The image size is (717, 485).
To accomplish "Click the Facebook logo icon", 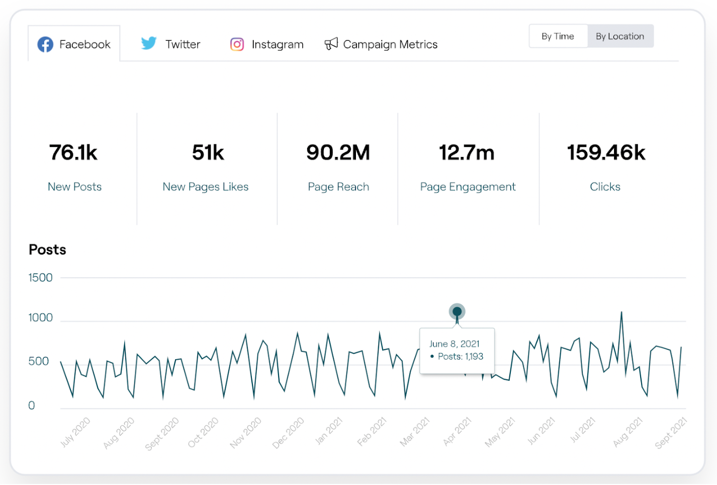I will (45, 44).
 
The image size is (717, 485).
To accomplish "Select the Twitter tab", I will (171, 44).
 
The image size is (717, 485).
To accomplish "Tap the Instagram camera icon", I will (237, 44).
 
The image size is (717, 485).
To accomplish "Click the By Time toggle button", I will (558, 36).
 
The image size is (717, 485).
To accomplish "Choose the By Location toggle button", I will (620, 36).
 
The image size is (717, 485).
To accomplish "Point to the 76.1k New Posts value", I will (73, 152).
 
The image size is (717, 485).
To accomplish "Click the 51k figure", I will (208, 152).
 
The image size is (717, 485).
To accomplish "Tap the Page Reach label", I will (338, 187).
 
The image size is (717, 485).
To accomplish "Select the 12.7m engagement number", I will (467, 152).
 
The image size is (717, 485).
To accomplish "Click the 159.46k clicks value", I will (606, 152).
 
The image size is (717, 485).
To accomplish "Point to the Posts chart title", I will (47, 250).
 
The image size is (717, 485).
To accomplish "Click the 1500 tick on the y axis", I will (40, 278).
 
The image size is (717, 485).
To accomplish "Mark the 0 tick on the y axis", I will (32, 406).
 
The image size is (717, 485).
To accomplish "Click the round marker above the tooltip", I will (457, 311).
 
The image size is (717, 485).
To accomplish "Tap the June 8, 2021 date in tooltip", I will (454, 344).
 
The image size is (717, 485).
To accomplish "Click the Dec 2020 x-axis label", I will (288, 432).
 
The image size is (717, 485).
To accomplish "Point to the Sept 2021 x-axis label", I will (670, 433).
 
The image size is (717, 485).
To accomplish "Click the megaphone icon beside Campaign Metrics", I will (331, 44).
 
